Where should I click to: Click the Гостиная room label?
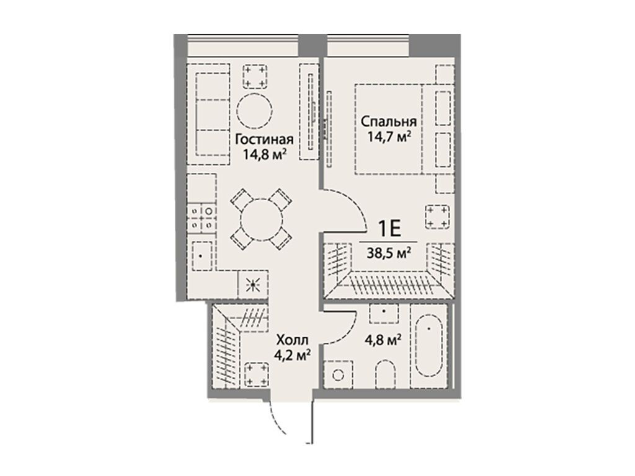click(x=264, y=139)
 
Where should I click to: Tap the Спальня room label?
click(x=388, y=121)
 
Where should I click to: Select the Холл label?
click(x=292, y=340)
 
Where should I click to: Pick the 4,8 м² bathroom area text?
click(x=383, y=340)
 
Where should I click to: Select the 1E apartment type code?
click(x=389, y=229)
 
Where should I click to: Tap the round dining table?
click(x=261, y=220)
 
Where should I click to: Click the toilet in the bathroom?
click(x=385, y=374)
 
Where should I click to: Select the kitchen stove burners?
click(x=202, y=218)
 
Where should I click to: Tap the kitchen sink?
click(x=202, y=256)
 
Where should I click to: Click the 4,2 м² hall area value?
click(x=293, y=355)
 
